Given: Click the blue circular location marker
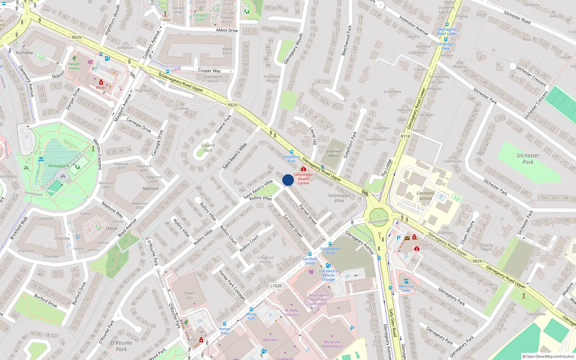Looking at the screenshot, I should point(288,180).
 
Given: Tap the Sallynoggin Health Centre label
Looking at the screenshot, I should point(303,179).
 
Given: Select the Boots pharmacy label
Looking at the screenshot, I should point(101,87).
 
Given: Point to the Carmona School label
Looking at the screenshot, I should point(426,196).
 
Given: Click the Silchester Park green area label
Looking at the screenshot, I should point(528,159).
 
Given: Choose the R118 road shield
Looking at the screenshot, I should point(405,136).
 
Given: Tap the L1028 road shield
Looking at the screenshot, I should point(276,286).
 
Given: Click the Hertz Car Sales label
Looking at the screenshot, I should point(406,288).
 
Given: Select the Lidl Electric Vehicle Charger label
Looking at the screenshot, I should point(329,275).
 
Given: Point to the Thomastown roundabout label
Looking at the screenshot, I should point(378,221).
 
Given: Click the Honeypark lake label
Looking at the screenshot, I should point(59,166).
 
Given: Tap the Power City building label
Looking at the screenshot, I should point(190,295).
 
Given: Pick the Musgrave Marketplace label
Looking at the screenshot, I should point(332,344).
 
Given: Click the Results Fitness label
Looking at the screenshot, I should point(74,66).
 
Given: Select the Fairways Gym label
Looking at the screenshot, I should point(201,17).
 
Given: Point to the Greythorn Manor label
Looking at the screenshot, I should point(334,153).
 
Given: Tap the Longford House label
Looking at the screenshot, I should point(266,260).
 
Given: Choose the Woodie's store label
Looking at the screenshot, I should point(270,340).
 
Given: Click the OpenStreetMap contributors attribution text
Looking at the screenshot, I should point(548,356).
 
